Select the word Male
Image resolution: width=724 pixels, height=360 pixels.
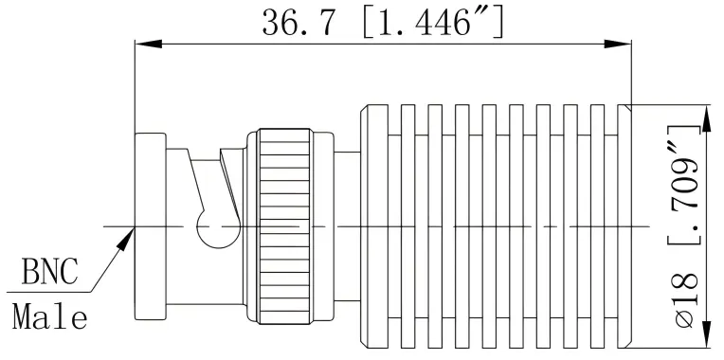pyautogui.click(x=50, y=315)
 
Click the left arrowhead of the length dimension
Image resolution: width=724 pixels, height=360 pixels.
pyautogui.click(x=144, y=44)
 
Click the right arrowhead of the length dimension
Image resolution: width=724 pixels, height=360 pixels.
pyautogui.click(x=621, y=44)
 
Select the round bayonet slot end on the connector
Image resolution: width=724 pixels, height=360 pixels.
pyautogui.click(x=211, y=226)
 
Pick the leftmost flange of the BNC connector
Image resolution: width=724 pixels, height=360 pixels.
pyautogui.click(x=150, y=227)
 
